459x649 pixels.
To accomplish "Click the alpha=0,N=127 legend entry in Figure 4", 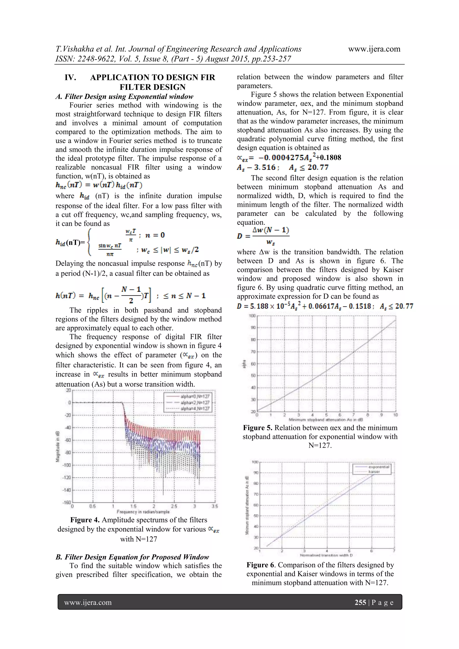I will pos(195,396).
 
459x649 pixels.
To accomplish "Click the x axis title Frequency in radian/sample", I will pos(143,512).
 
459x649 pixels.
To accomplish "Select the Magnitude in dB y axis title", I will pos(58,447).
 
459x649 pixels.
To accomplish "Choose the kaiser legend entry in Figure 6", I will pos(374,472).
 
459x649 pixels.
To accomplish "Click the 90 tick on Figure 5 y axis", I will pos(253,328).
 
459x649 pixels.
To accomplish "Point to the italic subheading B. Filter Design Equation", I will pos(132,557).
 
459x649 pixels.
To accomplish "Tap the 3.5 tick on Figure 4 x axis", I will pos(215,506).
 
